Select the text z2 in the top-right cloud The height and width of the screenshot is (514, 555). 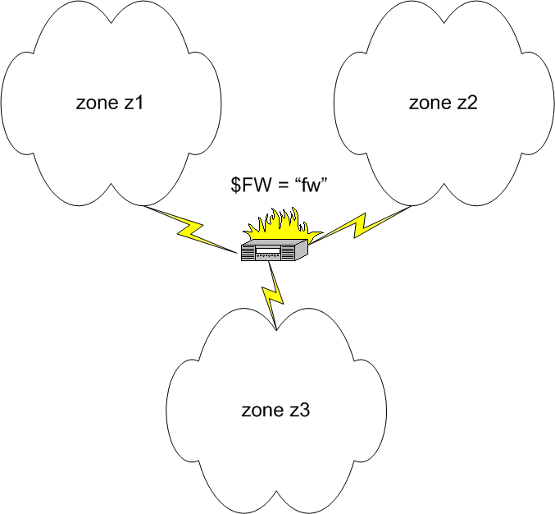(x=467, y=103)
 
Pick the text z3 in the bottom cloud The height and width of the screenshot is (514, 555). (x=300, y=411)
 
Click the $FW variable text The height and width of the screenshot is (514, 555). (x=251, y=185)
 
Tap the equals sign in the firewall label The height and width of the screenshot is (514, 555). (x=283, y=185)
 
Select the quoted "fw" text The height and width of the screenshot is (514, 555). (x=310, y=185)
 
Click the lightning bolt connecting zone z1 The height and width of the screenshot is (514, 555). (x=191, y=230)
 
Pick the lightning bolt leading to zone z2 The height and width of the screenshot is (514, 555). (x=360, y=225)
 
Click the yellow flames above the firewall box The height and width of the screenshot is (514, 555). (x=282, y=224)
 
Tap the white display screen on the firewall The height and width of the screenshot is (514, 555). (x=268, y=250)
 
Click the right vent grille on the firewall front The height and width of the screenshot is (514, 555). (x=288, y=252)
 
